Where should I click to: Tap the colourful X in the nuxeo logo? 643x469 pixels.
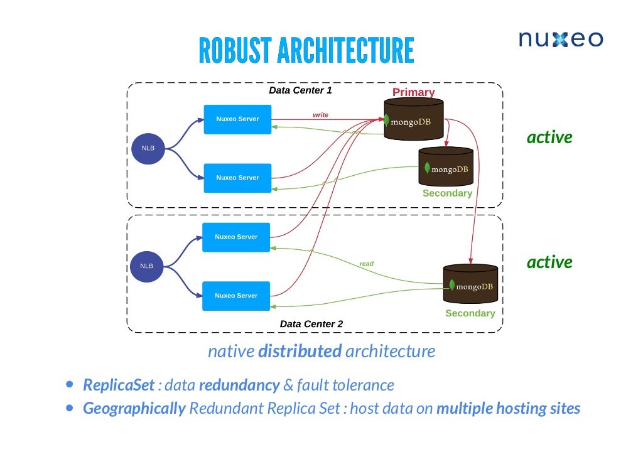coord(560,40)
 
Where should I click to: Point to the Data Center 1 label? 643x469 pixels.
coord(300,90)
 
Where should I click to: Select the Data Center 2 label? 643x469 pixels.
coord(311,324)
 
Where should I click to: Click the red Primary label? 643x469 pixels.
coord(413,92)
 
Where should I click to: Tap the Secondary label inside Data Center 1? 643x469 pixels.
coord(447,193)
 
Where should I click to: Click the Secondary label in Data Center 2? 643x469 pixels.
coord(470,313)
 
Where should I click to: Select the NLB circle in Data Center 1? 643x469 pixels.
coord(148,148)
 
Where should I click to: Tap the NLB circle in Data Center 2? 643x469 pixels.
coord(146,266)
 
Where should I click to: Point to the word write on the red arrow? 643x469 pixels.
coord(320,115)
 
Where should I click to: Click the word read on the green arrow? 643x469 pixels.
coord(366,264)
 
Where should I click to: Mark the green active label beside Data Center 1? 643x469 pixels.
coord(549,137)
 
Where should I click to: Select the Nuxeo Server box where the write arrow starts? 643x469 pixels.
coord(237,119)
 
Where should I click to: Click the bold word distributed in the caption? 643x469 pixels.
coord(300,351)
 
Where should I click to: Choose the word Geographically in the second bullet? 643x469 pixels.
coord(134,409)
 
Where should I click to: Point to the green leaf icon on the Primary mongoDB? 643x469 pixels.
coord(387,121)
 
